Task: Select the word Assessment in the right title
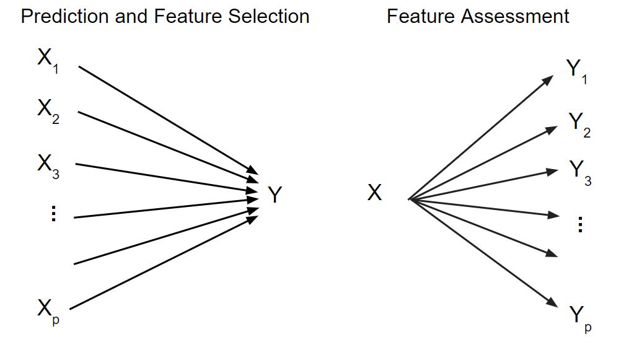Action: point(517,17)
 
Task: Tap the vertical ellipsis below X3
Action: point(53,214)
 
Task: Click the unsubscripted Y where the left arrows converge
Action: point(275,196)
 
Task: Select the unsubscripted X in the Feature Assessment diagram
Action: point(374,193)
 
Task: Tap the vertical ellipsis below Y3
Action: point(580,224)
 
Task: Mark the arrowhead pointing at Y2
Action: point(552,130)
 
